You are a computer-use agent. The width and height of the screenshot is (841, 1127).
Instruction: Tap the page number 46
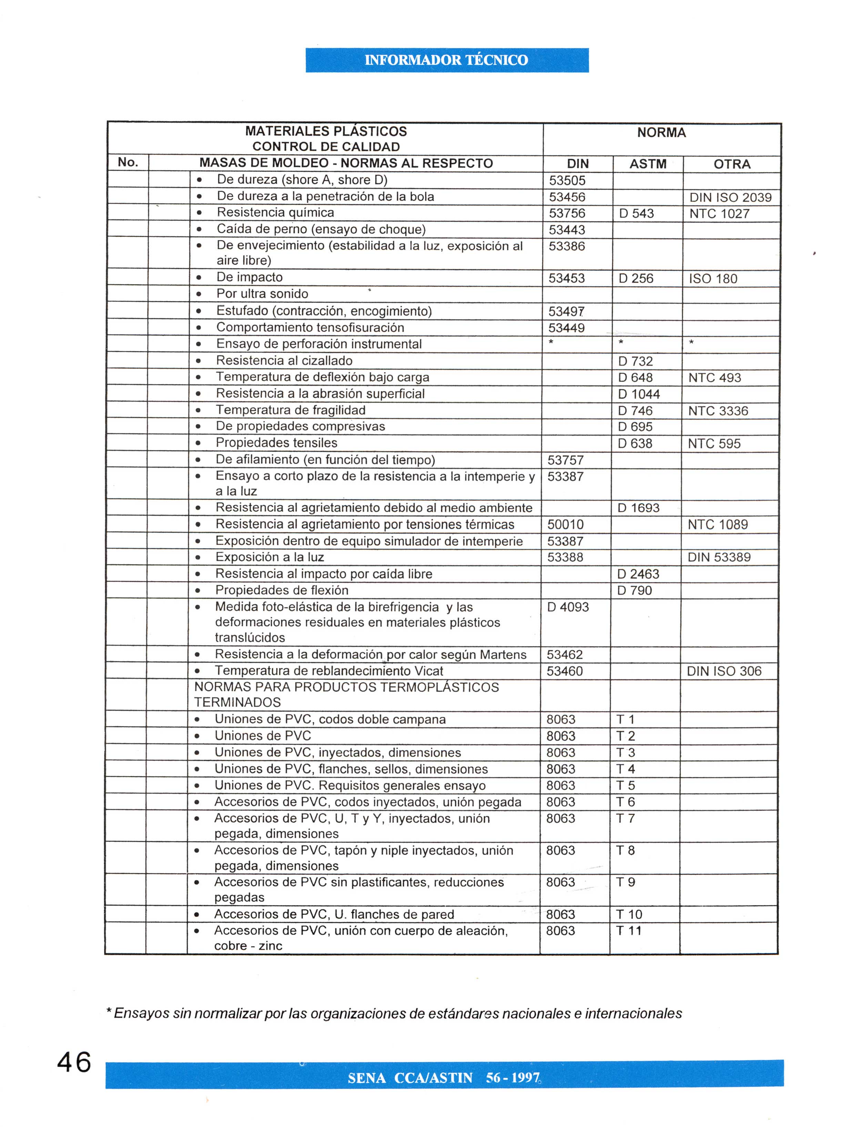pos(74,1062)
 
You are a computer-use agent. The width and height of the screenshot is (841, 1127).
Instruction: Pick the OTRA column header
pos(731,164)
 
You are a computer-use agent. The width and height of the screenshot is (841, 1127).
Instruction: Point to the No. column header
pos(128,162)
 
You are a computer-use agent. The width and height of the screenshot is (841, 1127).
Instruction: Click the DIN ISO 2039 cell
pos(730,197)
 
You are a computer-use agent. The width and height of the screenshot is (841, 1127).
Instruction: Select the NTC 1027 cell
pos(719,213)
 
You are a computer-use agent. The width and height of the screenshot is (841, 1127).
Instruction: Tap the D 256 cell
pos(636,279)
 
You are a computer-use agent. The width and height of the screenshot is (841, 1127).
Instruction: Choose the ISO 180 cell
pos(713,279)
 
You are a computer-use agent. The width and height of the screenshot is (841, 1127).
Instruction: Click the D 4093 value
pos(568,607)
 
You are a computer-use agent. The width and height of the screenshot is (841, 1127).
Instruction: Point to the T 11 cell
pos(629,930)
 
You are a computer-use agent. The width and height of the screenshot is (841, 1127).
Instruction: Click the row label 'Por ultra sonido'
pos(262,294)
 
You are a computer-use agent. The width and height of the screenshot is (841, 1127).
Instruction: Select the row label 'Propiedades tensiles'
pos(276,443)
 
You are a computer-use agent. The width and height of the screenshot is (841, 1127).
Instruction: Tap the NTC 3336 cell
pos(718,411)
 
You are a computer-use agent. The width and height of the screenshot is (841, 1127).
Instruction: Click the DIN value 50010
pos(565,524)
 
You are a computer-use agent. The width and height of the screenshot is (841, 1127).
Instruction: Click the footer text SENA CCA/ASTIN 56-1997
pos(443,1078)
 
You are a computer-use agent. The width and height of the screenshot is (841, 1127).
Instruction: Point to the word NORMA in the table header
pos(661,133)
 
